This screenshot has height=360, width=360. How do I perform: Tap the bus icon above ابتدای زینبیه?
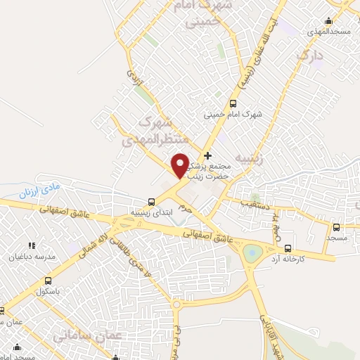tap(152, 202)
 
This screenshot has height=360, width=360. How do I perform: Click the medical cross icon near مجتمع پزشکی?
tap(207, 155)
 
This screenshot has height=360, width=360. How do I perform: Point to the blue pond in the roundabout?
tap(251, 251)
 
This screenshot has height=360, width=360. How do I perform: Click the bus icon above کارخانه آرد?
tap(288, 248)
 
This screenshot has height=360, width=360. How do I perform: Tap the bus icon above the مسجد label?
tap(336, 227)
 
